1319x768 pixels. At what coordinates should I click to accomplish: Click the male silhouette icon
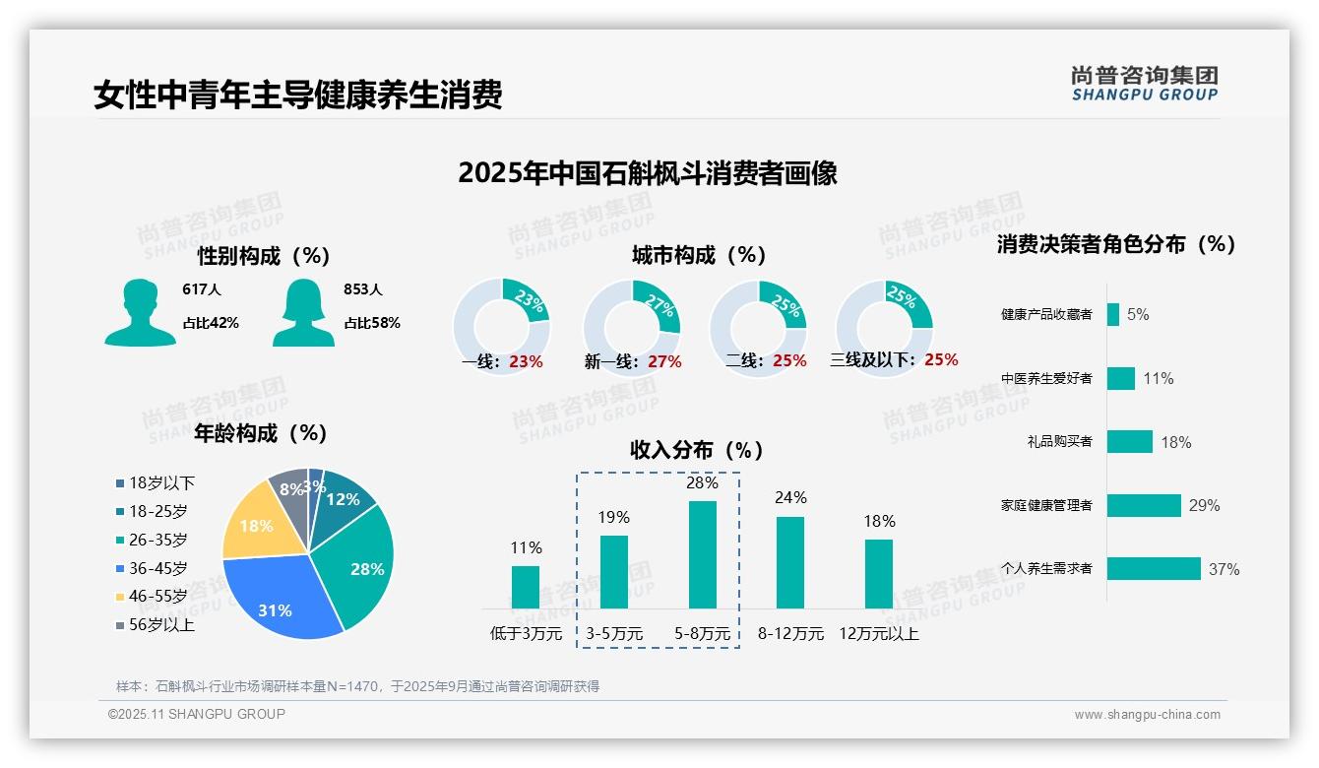(x=140, y=312)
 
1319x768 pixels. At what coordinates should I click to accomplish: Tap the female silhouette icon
(x=303, y=312)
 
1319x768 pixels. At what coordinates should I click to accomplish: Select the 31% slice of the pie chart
(x=278, y=603)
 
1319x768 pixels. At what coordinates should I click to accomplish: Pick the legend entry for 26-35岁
(x=152, y=540)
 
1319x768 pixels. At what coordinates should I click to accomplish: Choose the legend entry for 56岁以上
(x=156, y=625)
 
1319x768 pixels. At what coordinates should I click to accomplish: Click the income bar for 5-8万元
(x=703, y=554)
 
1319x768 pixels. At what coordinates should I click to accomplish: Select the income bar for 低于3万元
(x=526, y=587)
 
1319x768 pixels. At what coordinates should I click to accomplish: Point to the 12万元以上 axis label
(x=879, y=634)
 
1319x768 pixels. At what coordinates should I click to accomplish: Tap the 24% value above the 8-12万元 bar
(x=790, y=498)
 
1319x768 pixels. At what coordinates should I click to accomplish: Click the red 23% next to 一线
(x=526, y=361)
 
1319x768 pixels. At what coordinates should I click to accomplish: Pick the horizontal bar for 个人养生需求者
(x=1154, y=568)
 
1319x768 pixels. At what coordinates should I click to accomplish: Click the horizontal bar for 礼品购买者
(x=1129, y=441)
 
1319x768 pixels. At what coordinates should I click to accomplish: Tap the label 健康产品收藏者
(x=1046, y=314)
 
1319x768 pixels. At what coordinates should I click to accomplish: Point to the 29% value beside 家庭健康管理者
(x=1204, y=505)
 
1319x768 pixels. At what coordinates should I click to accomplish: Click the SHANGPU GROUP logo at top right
(x=1144, y=84)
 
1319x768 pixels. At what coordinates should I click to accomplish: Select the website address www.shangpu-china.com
(x=1147, y=715)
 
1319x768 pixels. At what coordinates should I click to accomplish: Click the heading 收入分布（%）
(x=697, y=450)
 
